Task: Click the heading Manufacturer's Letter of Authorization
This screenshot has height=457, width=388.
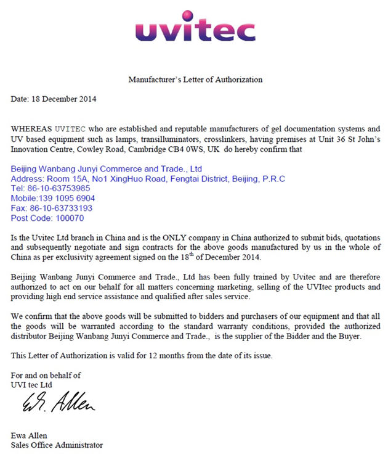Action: [x=195, y=80]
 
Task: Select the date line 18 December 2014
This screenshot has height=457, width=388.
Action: [x=54, y=99]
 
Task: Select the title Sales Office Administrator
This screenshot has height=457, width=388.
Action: [x=57, y=445]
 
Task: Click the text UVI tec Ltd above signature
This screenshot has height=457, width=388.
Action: [x=31, y=384]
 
